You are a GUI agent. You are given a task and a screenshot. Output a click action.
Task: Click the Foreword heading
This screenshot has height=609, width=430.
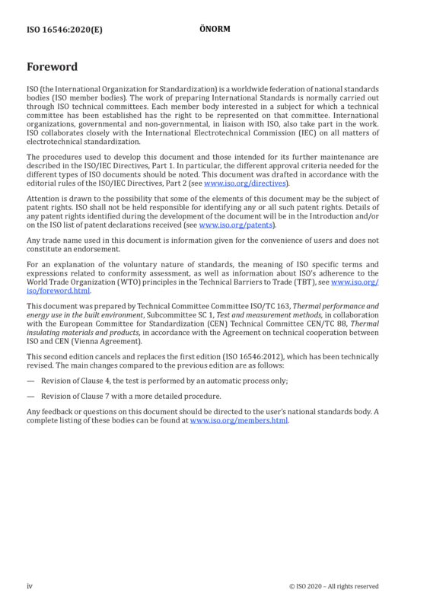pos(52,67)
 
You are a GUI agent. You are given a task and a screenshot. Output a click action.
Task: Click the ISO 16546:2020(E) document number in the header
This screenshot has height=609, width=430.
pos(65,30)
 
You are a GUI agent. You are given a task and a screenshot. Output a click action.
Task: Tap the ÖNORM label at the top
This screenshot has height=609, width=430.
pos(215,29)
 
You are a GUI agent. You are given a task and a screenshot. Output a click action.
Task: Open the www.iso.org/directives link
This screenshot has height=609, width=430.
pos(245,183)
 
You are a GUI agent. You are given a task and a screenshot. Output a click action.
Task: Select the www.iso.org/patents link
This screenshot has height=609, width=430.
pos(236,225)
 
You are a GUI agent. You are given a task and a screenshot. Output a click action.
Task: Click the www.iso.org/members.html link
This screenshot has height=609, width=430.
pos(239,421)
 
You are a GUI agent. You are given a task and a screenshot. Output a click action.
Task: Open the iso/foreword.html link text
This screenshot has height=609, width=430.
pos(59,291)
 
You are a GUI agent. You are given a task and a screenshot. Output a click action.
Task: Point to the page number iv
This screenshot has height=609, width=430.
pos(30,586)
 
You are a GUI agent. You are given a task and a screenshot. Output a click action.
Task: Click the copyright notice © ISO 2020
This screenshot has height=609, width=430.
pos(333,586)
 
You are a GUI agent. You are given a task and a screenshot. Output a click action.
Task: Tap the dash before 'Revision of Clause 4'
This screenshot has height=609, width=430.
pos(30,381)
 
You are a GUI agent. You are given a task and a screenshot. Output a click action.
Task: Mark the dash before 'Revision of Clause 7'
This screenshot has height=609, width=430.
pos(30,397)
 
